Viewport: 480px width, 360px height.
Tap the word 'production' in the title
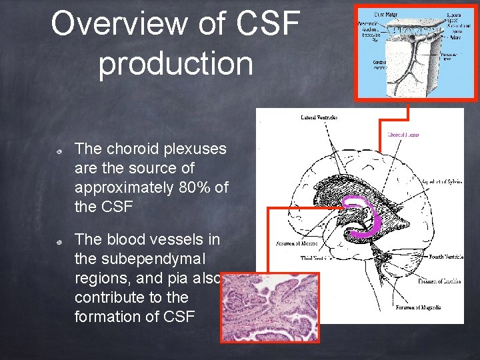[x=176, y=63]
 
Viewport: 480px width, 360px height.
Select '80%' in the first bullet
[x=195, y=187]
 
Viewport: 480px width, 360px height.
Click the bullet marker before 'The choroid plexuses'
[x=59, y=153]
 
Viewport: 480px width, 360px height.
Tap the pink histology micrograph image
[x=270, y=307]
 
